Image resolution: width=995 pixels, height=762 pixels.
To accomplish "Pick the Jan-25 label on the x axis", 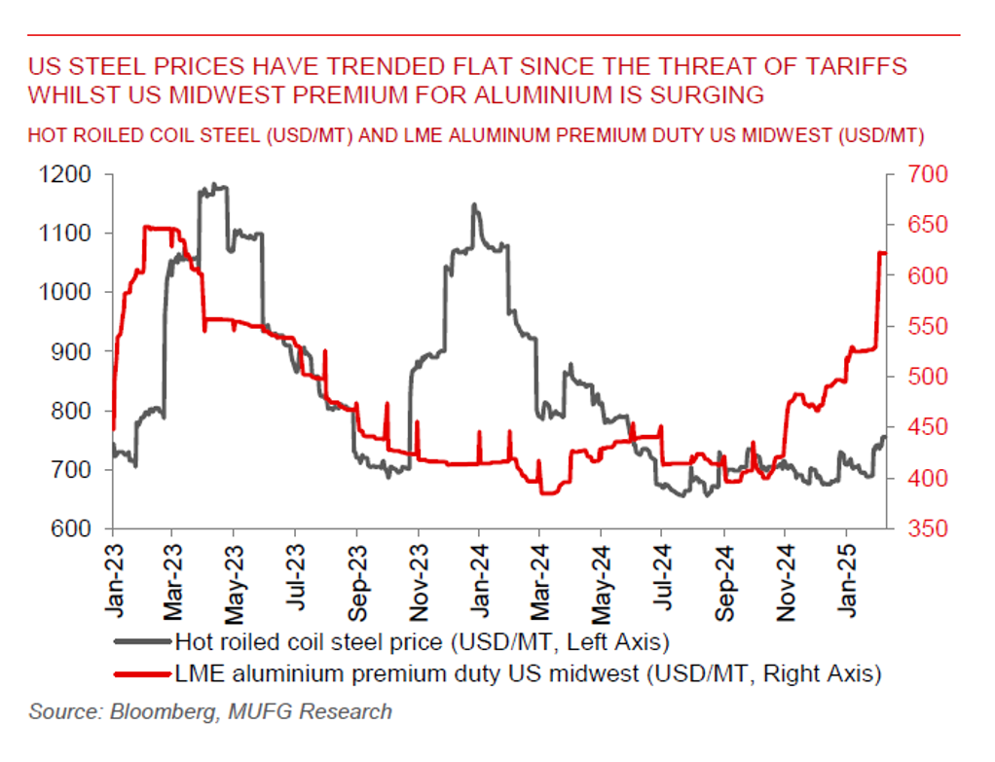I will pos(844,574).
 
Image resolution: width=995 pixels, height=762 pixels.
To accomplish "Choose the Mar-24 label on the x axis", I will pos(539,574).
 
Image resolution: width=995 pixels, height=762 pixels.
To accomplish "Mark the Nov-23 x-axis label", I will pos(418,574).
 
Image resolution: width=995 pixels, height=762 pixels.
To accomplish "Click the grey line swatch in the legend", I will pos(142,641).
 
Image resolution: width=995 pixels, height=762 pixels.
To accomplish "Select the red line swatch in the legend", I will pos(142,672).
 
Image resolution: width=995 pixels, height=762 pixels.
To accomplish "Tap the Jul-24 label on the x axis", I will pos(661,574).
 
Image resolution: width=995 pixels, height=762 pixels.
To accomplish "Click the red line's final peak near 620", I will pos(882,253).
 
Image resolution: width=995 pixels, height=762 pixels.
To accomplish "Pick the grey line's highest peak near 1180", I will pos(214,185).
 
